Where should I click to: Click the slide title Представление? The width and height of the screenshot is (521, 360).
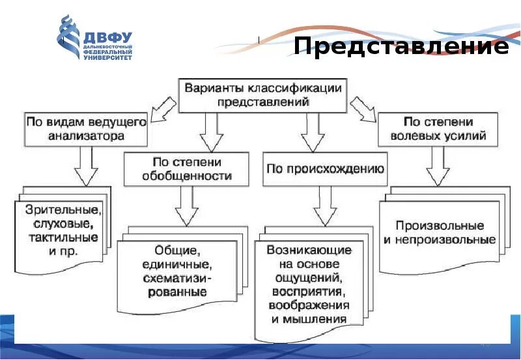tap(401, 46)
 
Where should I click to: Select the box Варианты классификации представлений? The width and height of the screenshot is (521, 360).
tap(262, 94)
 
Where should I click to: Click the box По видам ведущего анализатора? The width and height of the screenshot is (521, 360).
tap(85, 129)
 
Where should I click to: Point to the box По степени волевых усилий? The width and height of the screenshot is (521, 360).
tap(438, 129)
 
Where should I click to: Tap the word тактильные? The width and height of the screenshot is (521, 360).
tap(63, 237)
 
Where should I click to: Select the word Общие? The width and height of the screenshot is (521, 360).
tap(176, 250)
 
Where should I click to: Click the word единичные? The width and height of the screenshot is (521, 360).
tap(178, 264)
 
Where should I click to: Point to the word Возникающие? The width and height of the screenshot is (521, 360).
tap(310, 250)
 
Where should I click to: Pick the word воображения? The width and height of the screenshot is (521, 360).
tap(311, 305)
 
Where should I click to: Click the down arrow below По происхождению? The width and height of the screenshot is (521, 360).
tap(324, 208)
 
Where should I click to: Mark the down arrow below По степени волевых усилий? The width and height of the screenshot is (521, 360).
tap(438, 169)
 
